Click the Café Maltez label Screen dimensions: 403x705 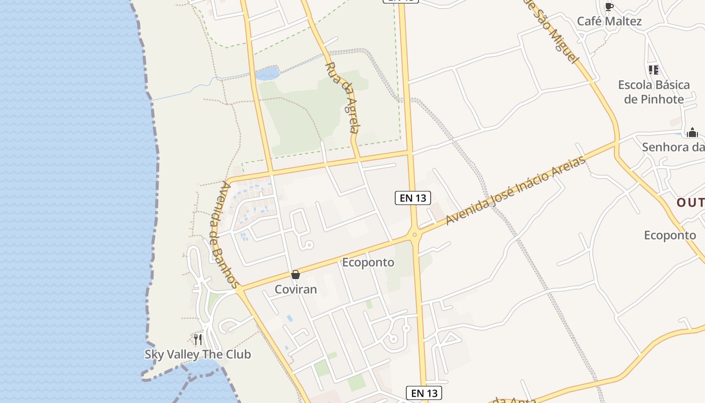point(609,21)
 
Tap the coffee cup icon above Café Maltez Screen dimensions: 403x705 point(609,7)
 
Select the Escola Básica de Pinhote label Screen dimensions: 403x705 point(654,92)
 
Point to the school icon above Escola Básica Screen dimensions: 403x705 point(653,70)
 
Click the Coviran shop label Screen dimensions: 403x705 point(296,289)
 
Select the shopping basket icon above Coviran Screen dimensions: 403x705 point(296,275)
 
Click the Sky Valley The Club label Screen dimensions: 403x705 point(198,354)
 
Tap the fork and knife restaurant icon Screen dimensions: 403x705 point(198,339)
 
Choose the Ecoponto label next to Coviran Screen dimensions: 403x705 point(368,262)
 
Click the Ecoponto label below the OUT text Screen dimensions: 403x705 point(670,235)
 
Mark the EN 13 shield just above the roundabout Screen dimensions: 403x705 point(413,198)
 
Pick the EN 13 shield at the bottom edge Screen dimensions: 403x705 point(424,393)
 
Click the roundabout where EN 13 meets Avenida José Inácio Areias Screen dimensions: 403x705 point(414,233)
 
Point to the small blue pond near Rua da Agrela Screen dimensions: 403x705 point(267,74)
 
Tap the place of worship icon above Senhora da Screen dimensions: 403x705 point(692,132)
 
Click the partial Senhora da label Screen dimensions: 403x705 point(673,147)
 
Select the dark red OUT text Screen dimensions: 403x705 point(690,203)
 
